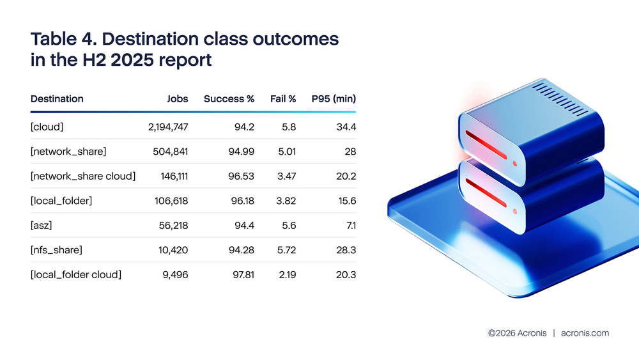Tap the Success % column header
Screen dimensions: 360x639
[229, 99]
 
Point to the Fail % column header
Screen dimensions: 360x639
[283, 99]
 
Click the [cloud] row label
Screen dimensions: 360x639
[47, 127]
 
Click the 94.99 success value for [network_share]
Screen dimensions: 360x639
[240, 152]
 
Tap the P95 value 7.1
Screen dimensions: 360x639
[349, 226]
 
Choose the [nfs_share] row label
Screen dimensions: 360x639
[57, 250]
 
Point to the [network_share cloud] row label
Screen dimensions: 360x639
[83, 176]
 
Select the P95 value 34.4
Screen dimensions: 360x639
[346, 127]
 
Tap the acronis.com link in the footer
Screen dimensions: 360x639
[585, 333]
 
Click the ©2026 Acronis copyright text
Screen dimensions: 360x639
[517, 333]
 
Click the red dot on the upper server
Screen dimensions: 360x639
[515, 163]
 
